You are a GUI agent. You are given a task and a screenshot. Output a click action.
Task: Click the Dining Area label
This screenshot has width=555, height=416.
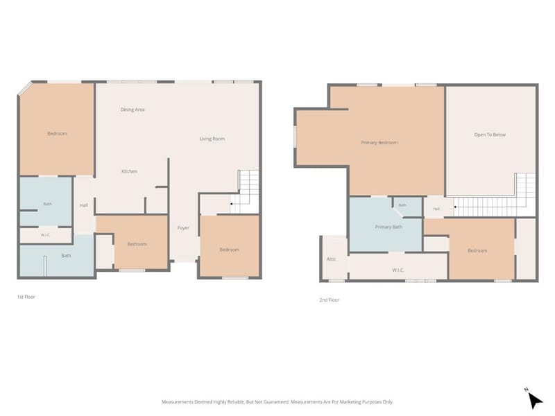(x=133, y=110)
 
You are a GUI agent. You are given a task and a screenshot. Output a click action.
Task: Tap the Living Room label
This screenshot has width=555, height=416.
(x=212, y=139)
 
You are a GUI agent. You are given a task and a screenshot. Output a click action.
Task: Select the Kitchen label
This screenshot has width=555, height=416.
(x=130, y=171)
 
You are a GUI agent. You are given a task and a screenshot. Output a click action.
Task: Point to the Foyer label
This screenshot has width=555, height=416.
(x=183, y=228)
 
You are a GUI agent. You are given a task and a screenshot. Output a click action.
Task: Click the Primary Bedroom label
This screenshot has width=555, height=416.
(x=379, y=143)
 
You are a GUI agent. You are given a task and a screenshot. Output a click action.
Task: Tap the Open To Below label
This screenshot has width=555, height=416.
(x=490, y=135)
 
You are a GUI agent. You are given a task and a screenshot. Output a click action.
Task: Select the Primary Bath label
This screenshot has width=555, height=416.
(x=388, y=227)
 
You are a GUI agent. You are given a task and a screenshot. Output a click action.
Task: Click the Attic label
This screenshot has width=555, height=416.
(x=332, y=259)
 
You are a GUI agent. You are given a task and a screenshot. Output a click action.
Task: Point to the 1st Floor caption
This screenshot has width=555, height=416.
(x=26, y=297)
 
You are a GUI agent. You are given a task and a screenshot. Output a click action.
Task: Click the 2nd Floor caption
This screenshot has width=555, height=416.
(x=329, y=300)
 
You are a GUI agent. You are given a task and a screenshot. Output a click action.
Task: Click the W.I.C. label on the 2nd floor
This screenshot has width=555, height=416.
(x=398, y=270)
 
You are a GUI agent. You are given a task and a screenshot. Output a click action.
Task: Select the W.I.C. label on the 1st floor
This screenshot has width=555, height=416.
(x=45, y=235)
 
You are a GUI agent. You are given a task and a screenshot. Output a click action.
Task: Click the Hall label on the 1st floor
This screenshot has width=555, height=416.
(x=84, y=205)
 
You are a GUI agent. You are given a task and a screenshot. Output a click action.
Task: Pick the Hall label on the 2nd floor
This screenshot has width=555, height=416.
(x=436, y=209)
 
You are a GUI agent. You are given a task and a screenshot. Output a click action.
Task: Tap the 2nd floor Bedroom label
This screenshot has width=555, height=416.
(x=477, y=251)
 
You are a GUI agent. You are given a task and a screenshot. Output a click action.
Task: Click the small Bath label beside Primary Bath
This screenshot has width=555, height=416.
(x=403, y=205)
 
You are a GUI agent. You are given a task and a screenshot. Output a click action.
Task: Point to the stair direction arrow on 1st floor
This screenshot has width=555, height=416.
(x=232, y=204)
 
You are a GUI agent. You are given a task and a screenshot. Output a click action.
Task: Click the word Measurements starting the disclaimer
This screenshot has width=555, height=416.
(x=178, y=402)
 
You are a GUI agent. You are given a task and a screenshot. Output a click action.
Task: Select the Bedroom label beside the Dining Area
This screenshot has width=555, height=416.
(x=57, y=134)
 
